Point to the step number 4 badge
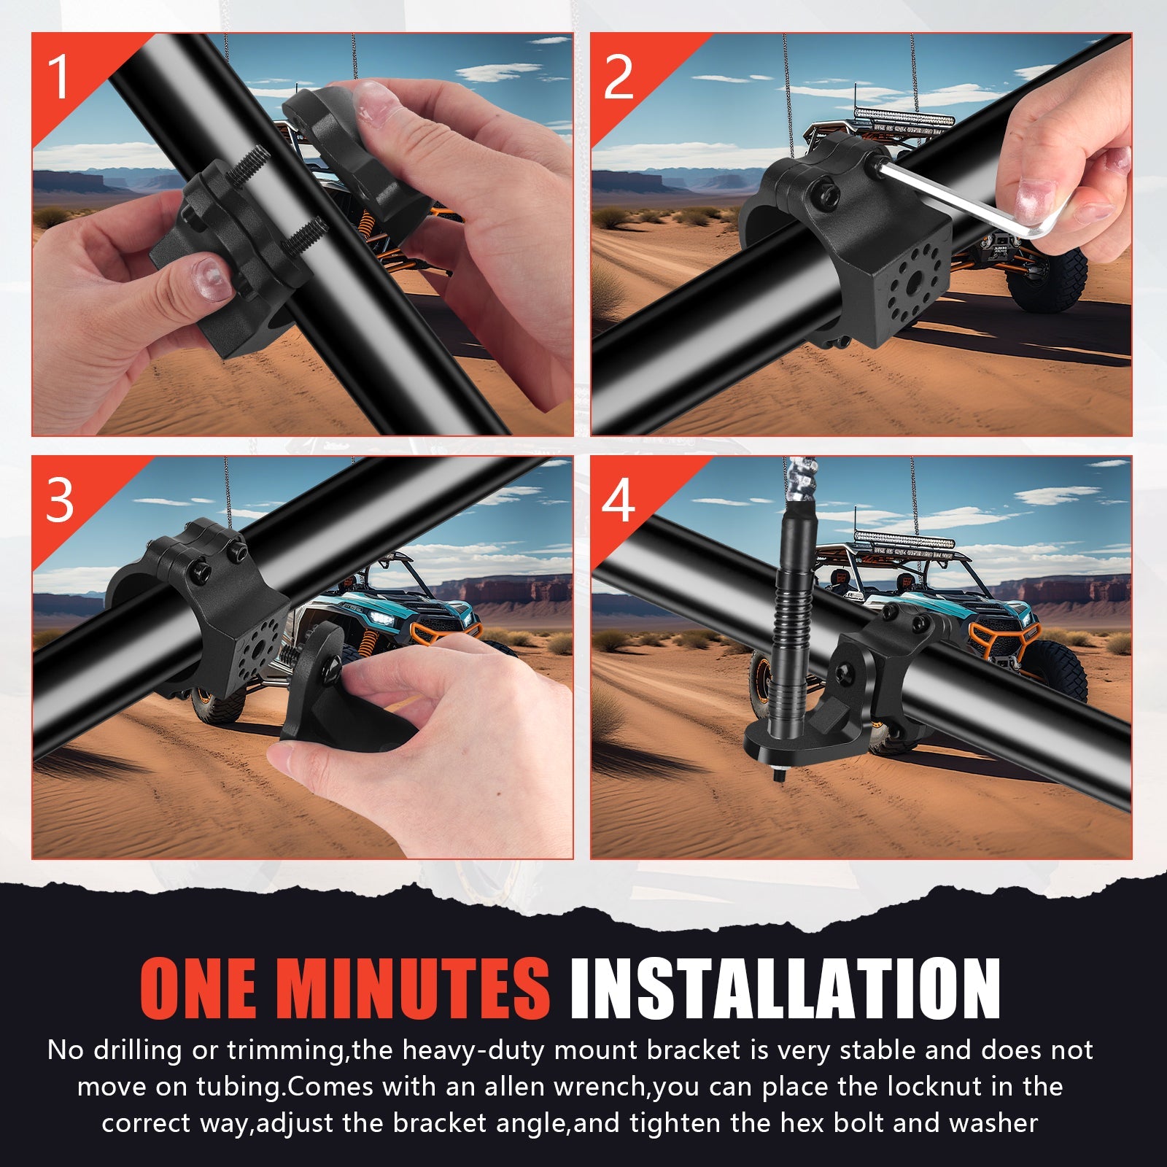coord(619,501)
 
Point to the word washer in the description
coord(996,1123)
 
